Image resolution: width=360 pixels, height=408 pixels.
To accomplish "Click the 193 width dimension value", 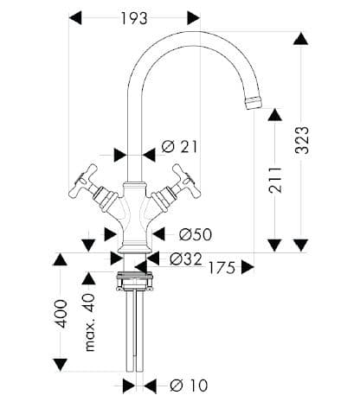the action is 133,19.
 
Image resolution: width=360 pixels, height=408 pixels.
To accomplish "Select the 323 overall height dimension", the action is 302,140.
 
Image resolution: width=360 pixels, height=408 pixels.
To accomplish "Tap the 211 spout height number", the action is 274,179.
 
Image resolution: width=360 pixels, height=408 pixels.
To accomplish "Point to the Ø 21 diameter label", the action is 179,147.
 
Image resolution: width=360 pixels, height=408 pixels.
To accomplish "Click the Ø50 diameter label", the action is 196,234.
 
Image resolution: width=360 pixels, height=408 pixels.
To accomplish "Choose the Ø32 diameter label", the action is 186,258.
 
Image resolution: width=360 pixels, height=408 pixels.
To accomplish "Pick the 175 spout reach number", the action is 222,268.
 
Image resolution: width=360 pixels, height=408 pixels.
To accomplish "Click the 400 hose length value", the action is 61,314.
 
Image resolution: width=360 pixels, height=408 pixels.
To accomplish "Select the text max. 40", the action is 90,322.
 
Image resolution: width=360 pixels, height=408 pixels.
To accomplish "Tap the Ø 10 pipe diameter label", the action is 189,386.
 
